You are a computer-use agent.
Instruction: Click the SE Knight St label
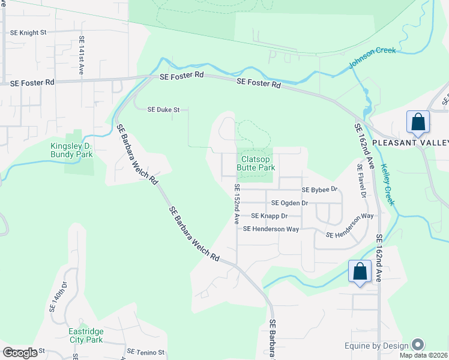28,32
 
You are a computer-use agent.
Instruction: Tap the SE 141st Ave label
82,55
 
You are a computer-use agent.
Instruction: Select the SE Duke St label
164,110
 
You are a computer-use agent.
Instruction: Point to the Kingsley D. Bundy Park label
72,150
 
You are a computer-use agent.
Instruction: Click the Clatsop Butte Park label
258,163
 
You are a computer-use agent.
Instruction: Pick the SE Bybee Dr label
320,190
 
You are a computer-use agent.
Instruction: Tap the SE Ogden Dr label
289,203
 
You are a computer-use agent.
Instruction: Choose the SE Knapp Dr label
270,215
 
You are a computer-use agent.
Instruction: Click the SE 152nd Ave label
237,204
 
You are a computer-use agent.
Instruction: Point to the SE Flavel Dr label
361,181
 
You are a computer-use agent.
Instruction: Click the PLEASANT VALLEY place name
411,142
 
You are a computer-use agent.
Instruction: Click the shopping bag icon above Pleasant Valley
418,122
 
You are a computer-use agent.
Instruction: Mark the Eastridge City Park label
86,335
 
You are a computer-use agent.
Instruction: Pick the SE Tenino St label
146,352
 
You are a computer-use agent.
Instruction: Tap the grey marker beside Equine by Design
418,345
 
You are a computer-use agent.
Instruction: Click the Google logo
20,353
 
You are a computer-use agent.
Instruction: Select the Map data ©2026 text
424,355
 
